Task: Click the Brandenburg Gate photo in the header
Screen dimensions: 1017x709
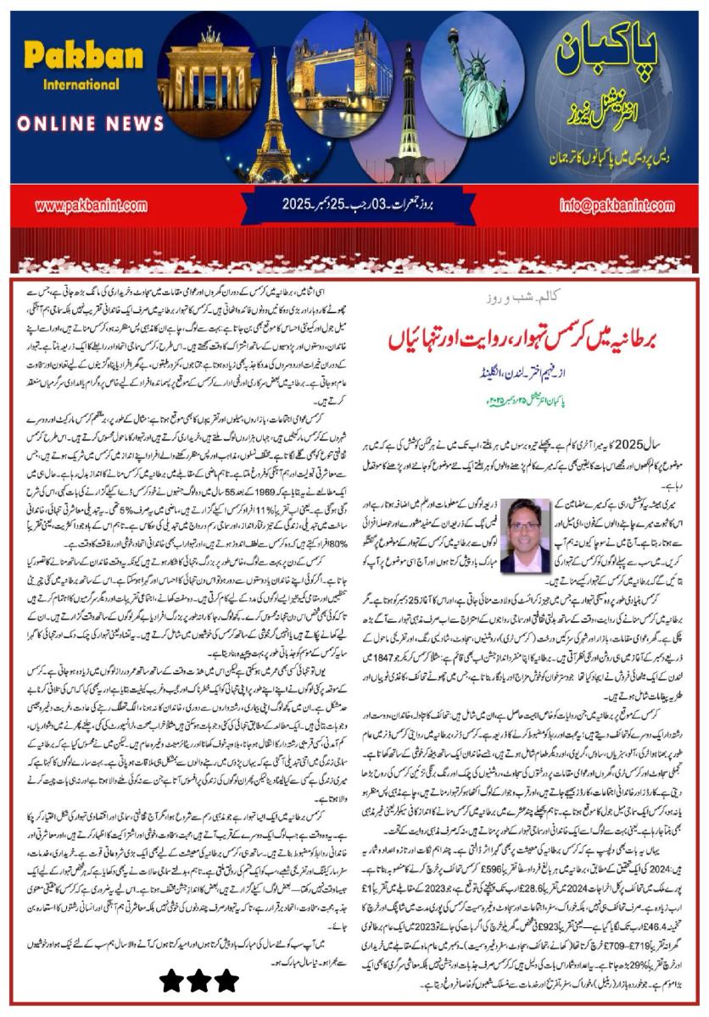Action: (x=209, y=72)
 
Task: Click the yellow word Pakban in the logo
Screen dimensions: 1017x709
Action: (x=73, y=57)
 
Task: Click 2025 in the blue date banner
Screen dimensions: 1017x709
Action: (x=303, y=207)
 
